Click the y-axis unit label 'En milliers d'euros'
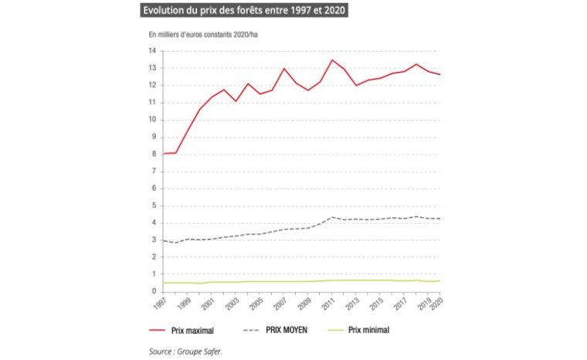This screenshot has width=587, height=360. coord(203,35)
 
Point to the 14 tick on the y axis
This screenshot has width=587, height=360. coord(153,51)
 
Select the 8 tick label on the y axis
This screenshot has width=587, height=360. coord(154,154)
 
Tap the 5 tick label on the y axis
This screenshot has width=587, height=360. coord(154,205)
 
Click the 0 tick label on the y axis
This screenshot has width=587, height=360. coord(154,291)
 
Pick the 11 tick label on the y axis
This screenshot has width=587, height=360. coord(153,103)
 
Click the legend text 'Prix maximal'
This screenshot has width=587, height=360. coord(193,330)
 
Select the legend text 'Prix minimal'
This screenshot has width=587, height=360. coord(370,330)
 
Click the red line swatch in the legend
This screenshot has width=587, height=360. coord(161,330)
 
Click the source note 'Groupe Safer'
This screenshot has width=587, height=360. coord(192,349)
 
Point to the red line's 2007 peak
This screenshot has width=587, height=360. coord(284,69)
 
